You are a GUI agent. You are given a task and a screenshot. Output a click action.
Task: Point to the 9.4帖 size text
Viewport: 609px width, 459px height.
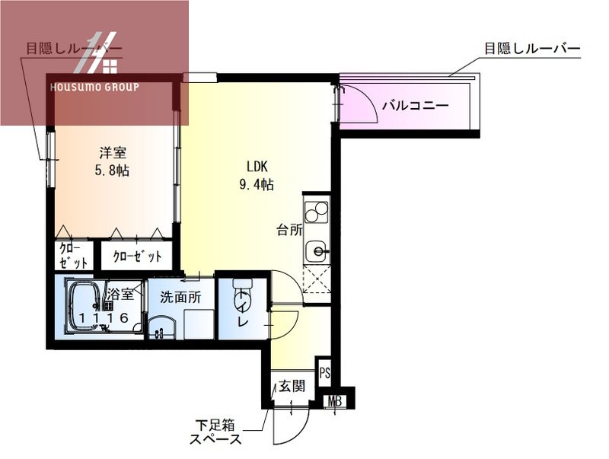[x=256, y=184]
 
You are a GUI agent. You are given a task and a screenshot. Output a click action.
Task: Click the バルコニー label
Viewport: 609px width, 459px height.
[x=414, y=107]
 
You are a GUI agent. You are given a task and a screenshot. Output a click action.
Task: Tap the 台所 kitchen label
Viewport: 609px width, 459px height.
[x=289, y=230]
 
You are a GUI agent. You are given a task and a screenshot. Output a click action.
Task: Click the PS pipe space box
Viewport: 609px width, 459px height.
[x=325, y=373]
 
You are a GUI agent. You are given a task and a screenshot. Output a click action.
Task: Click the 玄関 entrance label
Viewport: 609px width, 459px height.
[x=291, y=386]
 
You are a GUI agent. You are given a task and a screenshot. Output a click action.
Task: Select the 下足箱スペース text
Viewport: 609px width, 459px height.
[x=216, y=432]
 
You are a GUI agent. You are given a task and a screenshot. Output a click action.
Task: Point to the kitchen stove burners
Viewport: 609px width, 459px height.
[x=315, y=209]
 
